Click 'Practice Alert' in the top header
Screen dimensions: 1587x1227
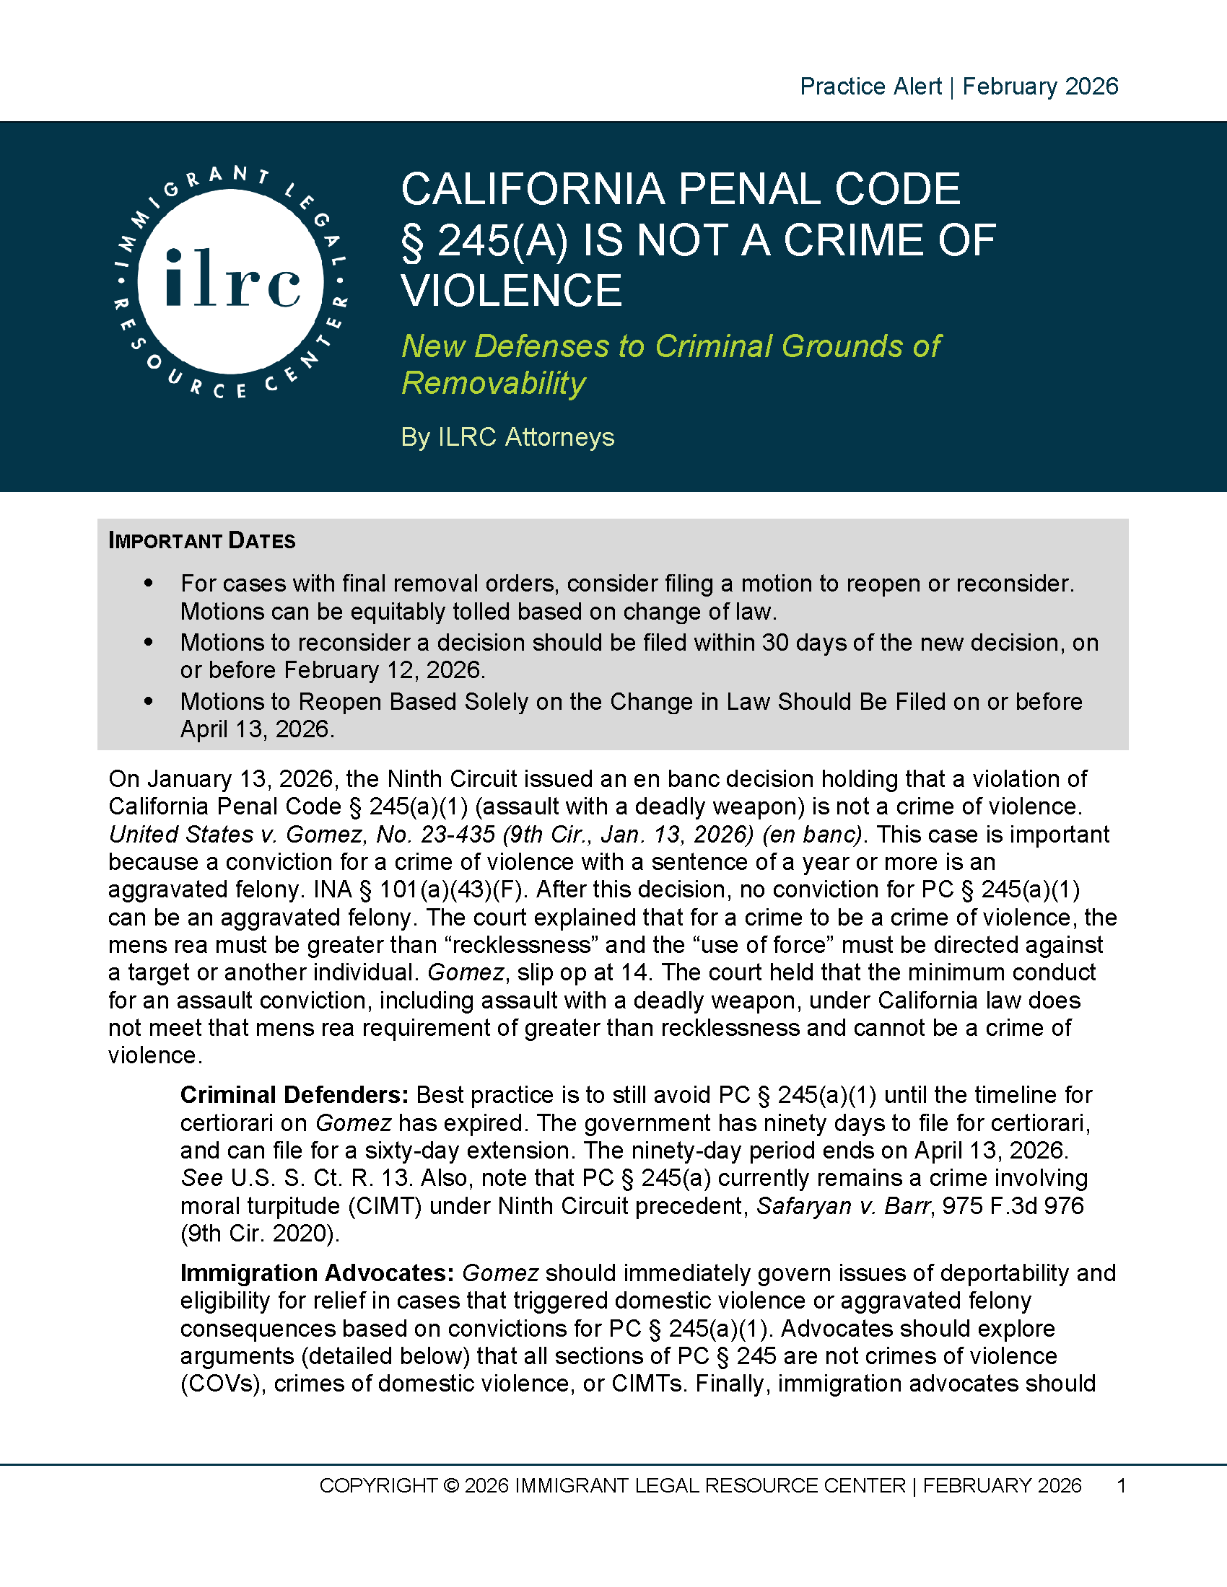coord(870,87)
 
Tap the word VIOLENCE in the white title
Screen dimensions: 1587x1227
coord(512,291)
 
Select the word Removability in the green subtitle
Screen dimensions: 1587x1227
coord(494,383)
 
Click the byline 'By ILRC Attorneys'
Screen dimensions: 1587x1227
coord(507,436)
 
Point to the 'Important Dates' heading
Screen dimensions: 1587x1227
coord(201,540)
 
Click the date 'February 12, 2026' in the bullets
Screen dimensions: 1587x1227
coord(384,669)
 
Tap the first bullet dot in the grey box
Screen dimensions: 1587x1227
coord(149,583)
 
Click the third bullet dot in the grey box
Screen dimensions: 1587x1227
coord(149,701)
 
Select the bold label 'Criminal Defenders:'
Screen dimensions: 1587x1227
coord(294,1094)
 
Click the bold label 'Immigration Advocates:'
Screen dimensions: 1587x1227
coord(317,1272)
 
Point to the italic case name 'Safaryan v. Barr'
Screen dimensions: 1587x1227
coord(843,1205)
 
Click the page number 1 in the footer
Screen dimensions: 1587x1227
coord(1121,1485)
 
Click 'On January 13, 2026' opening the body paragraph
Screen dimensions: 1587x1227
coord(221,778)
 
